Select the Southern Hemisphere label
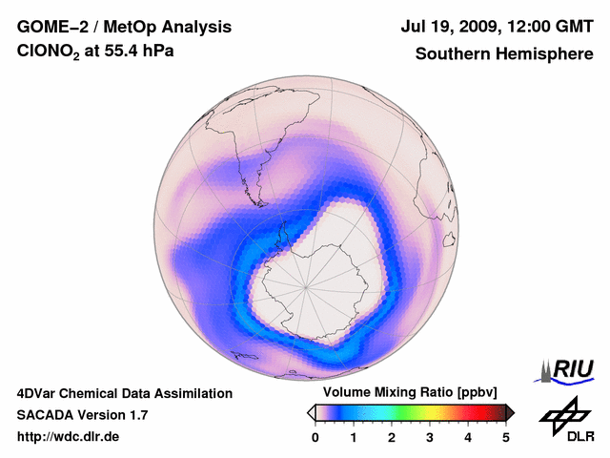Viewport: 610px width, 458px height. (503, 54)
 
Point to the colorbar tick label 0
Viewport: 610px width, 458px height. (315, 437)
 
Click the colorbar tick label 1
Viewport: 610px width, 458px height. (354, 437)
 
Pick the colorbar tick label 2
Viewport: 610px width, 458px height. (392, 437)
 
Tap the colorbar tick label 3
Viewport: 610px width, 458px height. (430, 437)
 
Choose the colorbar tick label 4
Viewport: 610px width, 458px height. (468, 437)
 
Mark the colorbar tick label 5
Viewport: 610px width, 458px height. (506, 437)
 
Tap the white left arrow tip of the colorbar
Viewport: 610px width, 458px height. (311, 412)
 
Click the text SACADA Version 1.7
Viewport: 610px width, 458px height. (82, 415)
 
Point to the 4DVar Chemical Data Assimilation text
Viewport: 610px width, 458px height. (124, 393)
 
